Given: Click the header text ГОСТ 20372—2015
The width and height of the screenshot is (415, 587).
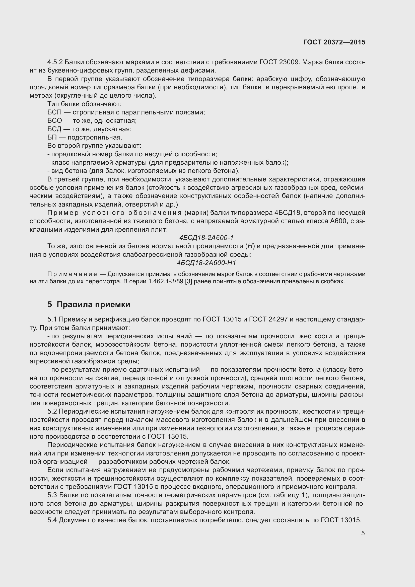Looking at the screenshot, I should pos(334,42).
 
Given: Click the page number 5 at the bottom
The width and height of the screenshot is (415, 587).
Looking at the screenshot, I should pos(363,533).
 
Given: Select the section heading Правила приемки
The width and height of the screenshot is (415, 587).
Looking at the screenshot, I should pos(93,304).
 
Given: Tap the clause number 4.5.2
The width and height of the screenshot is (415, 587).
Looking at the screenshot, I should pos(55,62).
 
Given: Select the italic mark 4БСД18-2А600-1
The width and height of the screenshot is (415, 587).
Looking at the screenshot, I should pos(206,238).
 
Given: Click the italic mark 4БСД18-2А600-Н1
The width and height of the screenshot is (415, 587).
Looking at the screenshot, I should pos(206,263).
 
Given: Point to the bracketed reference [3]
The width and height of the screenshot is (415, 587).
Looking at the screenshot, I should pos(183,282).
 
